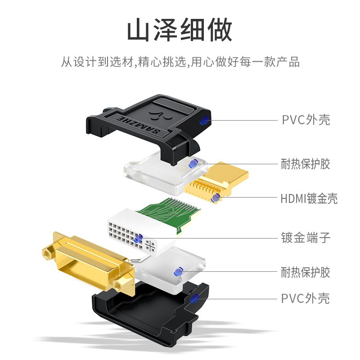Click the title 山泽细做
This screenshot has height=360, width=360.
coord(180,30)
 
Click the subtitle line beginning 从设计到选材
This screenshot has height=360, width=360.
coord(180,62)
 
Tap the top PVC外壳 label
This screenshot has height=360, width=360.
coord(306,120)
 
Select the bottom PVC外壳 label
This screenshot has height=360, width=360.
coord(306,298)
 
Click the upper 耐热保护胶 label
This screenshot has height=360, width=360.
coord(306,164)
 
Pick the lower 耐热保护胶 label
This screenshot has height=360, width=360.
coord(306,272)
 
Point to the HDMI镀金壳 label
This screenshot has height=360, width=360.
coord(309,198)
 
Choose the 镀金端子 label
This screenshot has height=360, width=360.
coord(306,238)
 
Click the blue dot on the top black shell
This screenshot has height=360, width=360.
coord(204,120)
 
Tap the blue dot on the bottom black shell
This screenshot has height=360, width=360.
coord(195,298)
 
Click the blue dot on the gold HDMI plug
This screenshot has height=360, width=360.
coord(216,198)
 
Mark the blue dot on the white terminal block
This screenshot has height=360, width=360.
coord(139,239)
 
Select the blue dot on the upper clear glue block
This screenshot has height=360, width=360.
coord(193,164)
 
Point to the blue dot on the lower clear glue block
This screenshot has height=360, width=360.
coord(178,272)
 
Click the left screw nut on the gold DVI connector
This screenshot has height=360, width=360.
coord(48,253)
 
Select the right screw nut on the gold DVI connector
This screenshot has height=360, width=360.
coord(118,285)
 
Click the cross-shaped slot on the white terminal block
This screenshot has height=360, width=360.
coord(150,246)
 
